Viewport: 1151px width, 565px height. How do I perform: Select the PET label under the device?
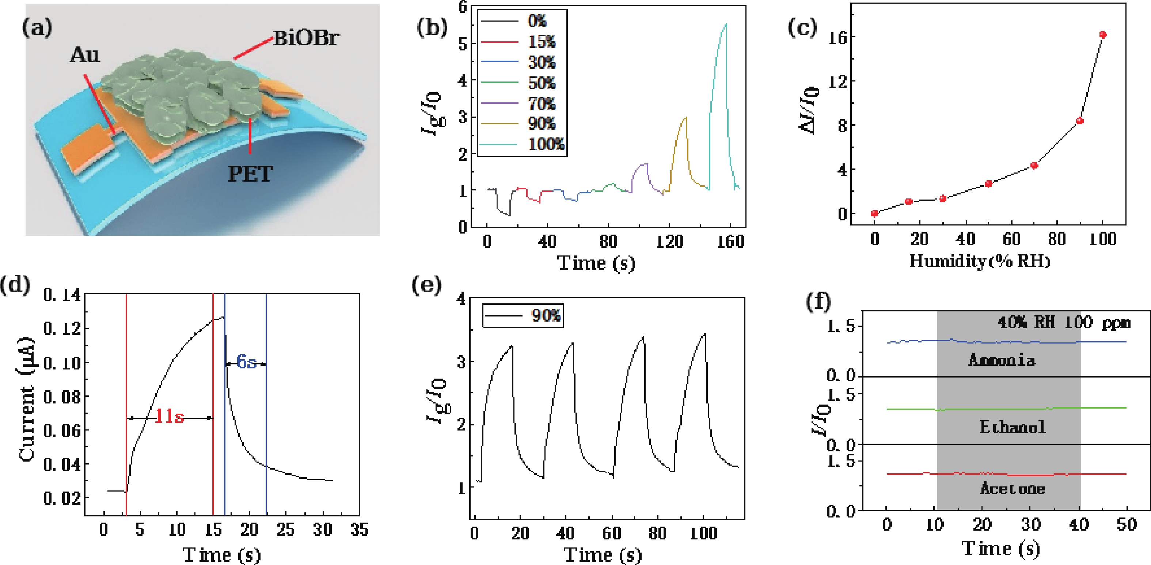[x=250, y=174]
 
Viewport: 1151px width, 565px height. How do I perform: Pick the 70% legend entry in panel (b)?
[x=542, y=104]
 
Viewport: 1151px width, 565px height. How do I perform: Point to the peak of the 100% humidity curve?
[x=726, y=24]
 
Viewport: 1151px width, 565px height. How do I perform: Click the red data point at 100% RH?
[x=1103, y=35]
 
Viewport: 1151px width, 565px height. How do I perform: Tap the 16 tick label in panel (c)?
[x=838, y=38]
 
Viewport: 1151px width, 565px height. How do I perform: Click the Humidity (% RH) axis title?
[x=979, y=261]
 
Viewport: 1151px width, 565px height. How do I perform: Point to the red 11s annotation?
[x=169, y=417]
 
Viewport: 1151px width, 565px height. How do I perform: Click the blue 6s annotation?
[x=246, y=361]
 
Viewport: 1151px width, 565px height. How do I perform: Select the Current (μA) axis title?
[x=27, y=399]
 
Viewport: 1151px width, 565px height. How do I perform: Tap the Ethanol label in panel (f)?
[x=1013, y=427]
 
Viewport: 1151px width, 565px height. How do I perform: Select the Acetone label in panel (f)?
[x=1013, y=489]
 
